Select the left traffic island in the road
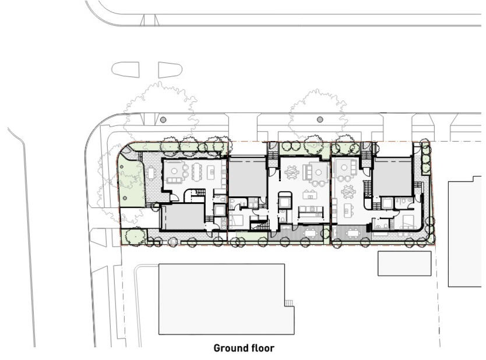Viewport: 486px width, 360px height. click(125, 70)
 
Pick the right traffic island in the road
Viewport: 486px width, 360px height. click(170, 70)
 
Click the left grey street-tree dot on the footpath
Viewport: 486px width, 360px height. click(163, 119)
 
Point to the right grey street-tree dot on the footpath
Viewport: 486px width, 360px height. click(320, 119)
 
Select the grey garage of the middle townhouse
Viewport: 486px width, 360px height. click(248, 177)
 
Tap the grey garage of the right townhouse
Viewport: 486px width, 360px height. click(393, 177)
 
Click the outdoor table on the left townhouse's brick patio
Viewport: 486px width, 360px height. click(151, 173)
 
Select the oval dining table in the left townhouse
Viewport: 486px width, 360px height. click(197, 172)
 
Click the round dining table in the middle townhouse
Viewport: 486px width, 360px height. click(292, 172)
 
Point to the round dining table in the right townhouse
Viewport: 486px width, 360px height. click(348, 192)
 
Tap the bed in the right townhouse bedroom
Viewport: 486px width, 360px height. click(408, 221)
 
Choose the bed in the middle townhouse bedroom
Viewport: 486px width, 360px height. click(236, 221)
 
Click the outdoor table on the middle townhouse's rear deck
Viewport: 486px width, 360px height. click(310, 232)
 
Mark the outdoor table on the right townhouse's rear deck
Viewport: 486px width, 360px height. click(353, 232)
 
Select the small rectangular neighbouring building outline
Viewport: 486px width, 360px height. click(404, 263)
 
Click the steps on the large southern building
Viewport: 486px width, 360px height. click(289, 303)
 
